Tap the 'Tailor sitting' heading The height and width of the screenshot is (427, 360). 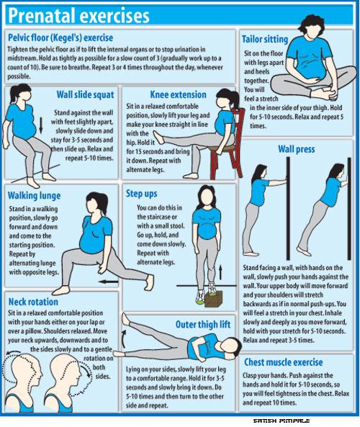coord(265,40)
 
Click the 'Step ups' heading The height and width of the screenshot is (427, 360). coord(143,193)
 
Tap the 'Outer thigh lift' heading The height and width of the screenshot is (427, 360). coord(202,325)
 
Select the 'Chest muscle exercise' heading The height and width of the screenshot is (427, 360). coord(293,362)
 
